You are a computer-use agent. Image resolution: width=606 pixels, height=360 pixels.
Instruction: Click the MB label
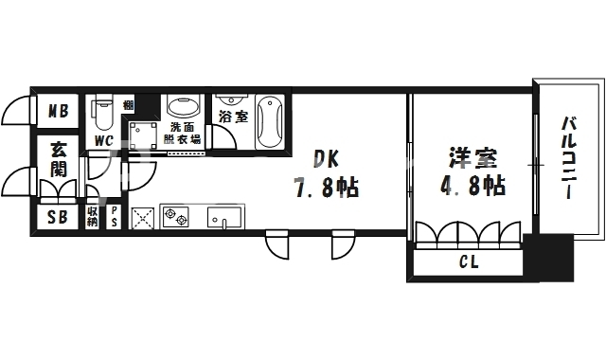click(x=58, y=112)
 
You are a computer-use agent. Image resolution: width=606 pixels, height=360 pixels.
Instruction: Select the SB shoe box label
click(x=58, y=217)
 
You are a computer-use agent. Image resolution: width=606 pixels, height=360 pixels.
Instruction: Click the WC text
click(x=104, y=142)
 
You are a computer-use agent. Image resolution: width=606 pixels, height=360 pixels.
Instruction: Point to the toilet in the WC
click(x=104, y=116)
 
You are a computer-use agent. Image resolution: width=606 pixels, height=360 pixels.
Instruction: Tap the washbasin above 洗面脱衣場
click(x=182, y=107)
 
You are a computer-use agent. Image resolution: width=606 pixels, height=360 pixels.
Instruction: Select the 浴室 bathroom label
click(x=232, y=117)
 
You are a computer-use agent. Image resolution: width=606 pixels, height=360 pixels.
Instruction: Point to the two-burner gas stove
click(x=176, y=218)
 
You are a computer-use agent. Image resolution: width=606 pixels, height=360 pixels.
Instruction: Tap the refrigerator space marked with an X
click(x=143, y=218)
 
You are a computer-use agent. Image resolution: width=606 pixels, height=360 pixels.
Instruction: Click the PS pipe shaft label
click(x=114, y=217)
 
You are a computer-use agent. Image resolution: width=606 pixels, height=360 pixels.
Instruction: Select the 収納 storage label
click(x=93, y=217)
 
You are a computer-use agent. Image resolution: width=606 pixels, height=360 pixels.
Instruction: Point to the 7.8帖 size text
click(x=324, y=187)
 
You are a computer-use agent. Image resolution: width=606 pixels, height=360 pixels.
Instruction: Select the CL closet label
click(x=468, y=262)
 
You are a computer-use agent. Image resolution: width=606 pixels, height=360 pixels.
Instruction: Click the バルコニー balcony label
click(x=568, y=157)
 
